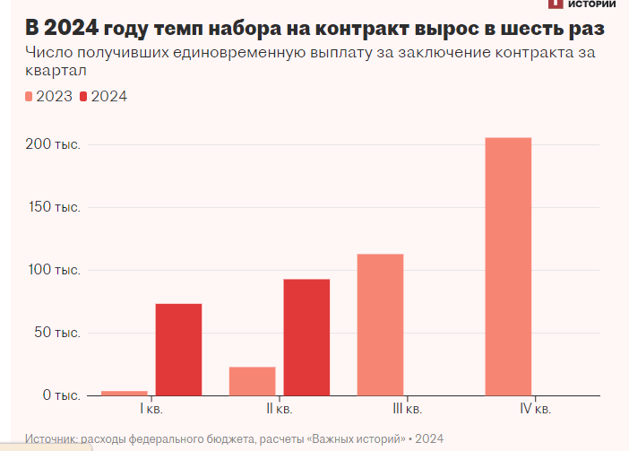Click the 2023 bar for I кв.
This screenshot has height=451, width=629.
tap(125, 393)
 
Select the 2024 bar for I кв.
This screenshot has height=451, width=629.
tap(178, 350)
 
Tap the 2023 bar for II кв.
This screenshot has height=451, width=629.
tap(253, 381)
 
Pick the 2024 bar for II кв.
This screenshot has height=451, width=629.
tap(306, 337)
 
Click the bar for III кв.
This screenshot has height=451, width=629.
tap(380, 325)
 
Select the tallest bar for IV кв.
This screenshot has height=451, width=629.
tap(508, 266)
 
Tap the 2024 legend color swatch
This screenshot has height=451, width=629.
tap(85, 97)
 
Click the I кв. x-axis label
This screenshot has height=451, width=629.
tap(151, 410)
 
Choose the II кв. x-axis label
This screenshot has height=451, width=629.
tap(280, 410)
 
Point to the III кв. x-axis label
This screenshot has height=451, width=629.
tap(407, 410)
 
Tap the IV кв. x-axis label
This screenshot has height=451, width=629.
tap(535, 410)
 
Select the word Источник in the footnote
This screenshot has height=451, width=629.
tap(52, 438)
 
